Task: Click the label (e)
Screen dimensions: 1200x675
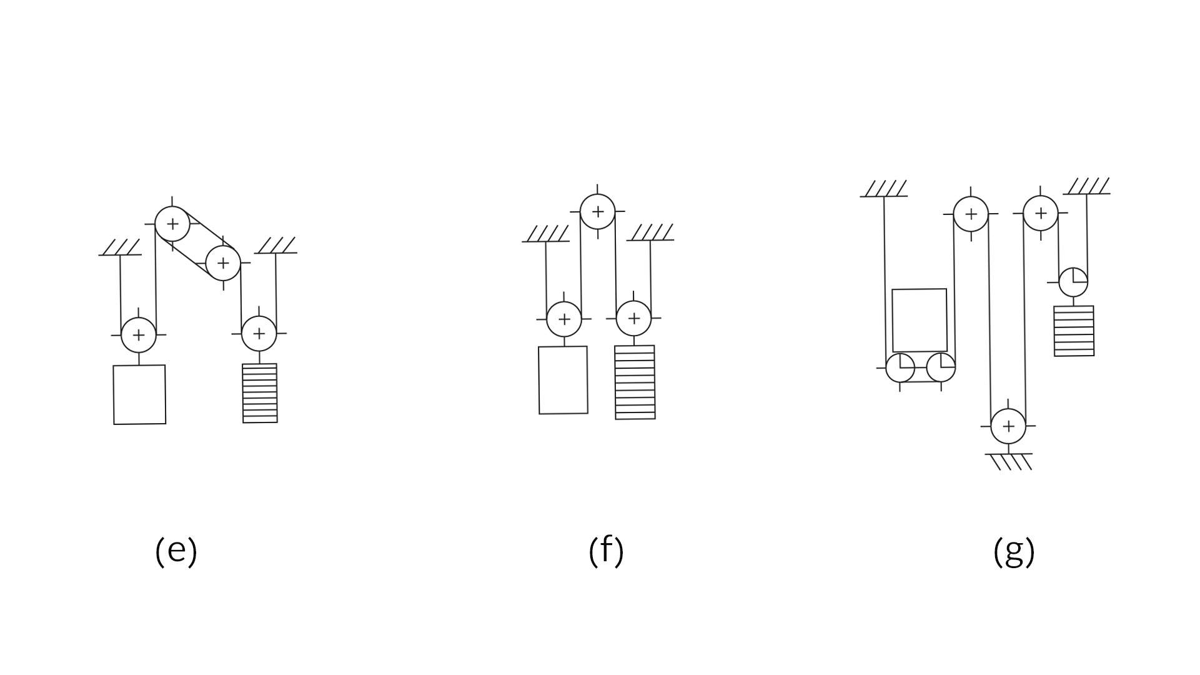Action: click(x=176, y=551)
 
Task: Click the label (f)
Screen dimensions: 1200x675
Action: click(x=606, y=551)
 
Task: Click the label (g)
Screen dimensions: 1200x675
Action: click(x=1014, y=551)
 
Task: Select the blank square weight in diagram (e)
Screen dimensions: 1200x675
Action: click(x=139, y=394)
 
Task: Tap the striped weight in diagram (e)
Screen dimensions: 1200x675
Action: click(x=260, y=393)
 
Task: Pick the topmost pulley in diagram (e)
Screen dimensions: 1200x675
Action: click(x=172, y=224)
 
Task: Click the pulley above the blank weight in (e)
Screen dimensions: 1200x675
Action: click(x=138, y=334)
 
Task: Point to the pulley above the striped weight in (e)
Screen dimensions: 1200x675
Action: click(x=259, y=333)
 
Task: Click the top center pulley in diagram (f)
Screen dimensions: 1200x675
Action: click(x=598, y=212)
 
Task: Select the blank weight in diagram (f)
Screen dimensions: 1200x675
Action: click(x=563, y=380)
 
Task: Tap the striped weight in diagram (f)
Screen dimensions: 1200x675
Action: click(x=635, y=382)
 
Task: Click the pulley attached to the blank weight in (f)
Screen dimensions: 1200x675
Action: click(x=564, y=319)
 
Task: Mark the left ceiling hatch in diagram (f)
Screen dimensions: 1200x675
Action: click(x=547, y=234)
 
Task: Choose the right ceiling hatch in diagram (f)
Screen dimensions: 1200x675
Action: click(x=651, y=232)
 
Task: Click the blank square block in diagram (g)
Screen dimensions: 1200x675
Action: click(x=920, y=320)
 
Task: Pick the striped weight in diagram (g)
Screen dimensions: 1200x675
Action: click(x=1074, y=331)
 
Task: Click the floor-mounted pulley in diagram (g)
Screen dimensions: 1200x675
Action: click(x=1008, y=426)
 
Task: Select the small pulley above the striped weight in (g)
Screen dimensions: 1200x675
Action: click(x=1073, y=282)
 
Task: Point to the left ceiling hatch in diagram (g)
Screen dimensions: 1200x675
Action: click(x=884, y=189)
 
